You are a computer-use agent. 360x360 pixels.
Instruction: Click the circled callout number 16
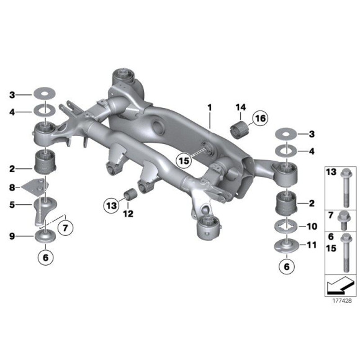click(258, 118)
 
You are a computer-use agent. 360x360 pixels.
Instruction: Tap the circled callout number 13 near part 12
click(112, 204)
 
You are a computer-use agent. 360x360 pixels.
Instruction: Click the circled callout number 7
click(65, 227)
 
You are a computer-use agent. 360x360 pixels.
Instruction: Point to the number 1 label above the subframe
click(210, 108)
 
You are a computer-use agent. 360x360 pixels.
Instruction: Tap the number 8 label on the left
click(12, 186)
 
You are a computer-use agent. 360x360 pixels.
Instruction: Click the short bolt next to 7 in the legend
click(344, 219)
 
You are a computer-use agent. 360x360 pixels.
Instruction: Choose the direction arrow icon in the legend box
click(338, 285)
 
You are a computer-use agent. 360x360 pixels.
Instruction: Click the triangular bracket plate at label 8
click(37, 186)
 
